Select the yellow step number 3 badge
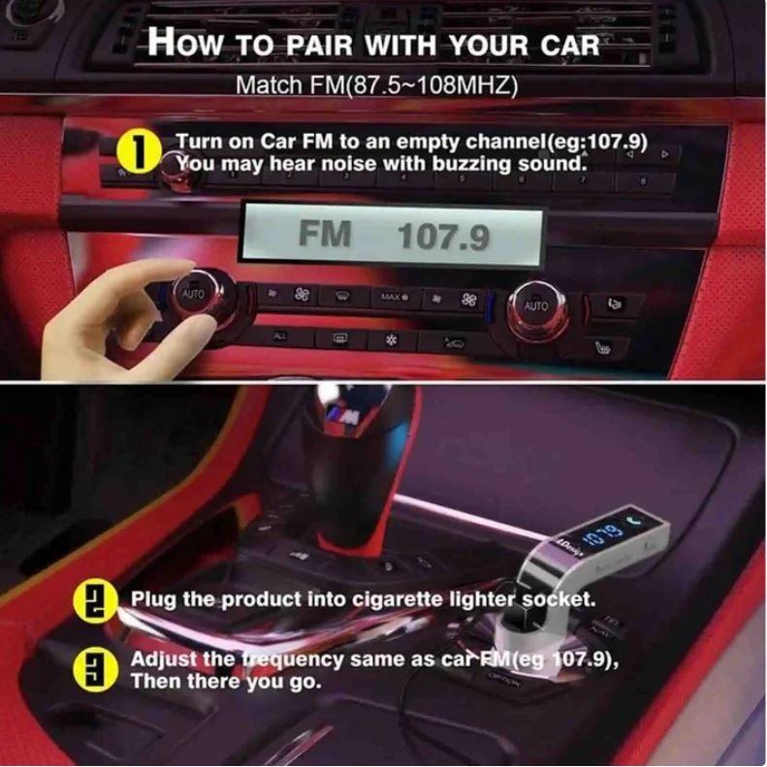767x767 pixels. [x=88, y=668]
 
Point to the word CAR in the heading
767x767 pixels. [x=568, y=45]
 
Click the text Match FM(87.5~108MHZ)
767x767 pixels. [x=377, y=84]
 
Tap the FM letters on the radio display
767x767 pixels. [x=324, y=234]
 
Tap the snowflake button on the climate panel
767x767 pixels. [x=393, y=340]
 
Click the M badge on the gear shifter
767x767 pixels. [x=341, y=416]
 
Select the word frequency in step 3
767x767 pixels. [x=292, y=659]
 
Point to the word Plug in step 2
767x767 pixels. [x=153, y=599]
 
